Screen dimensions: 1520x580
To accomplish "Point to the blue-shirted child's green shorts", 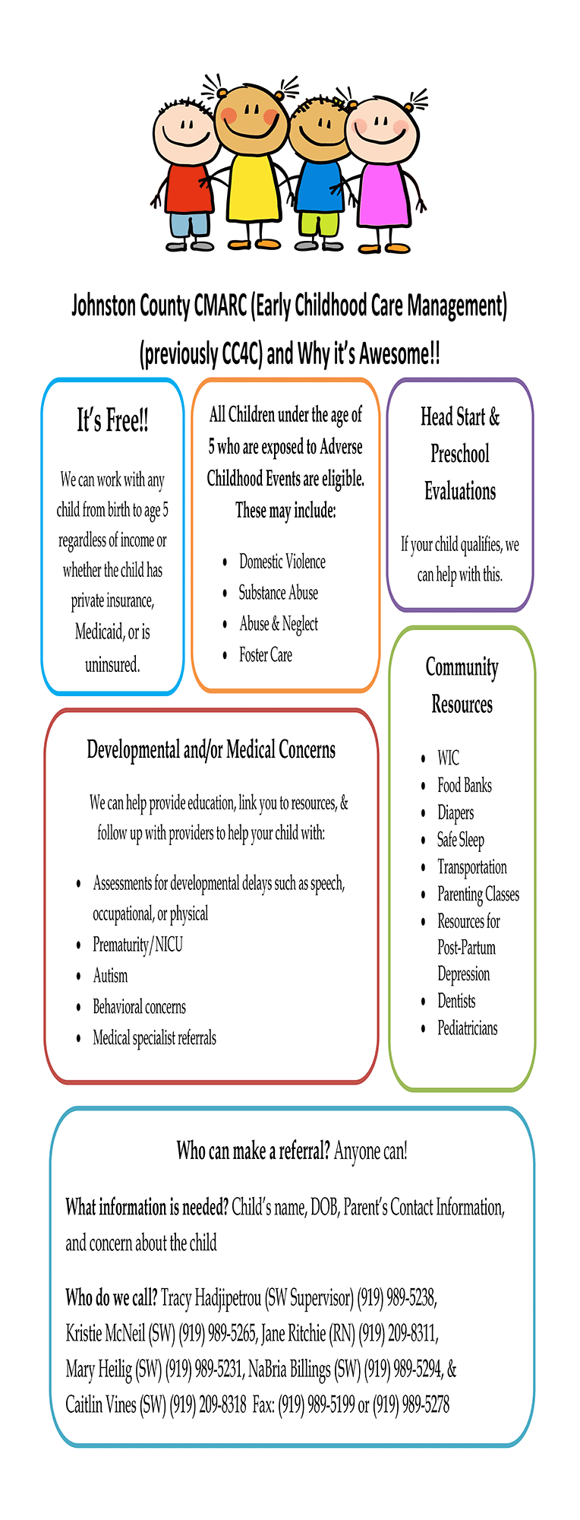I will (x=319, y=224).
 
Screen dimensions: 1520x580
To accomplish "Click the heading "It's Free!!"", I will (x=112, y=420).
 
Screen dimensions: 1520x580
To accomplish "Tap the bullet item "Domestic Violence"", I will (x=282, y=562).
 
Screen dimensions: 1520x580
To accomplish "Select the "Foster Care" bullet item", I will (x=265, y=654).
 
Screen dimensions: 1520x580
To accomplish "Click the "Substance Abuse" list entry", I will (x=278, y=593).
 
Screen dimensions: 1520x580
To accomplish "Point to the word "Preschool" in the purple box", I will (x=460, y=454).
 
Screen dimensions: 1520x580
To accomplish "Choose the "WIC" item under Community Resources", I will (x=448, y=758).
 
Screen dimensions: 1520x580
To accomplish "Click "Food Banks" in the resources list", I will (x=464, y=785).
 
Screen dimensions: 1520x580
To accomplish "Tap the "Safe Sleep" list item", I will (x=460, y=840).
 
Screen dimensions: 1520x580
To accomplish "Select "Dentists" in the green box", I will (x=456, y=1001).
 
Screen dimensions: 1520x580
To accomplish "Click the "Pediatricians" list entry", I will (x=467, y=1028).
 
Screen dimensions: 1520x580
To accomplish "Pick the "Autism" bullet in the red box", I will (x=110, y=975).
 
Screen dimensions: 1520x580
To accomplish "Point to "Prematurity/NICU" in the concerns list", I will (x=137, y=945).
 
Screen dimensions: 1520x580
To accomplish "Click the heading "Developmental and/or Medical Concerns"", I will (x=211, y=750).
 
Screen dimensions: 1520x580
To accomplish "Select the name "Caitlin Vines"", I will (x=101, y=1404).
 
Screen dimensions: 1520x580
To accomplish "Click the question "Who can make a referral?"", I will (x=253, y=1151).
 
